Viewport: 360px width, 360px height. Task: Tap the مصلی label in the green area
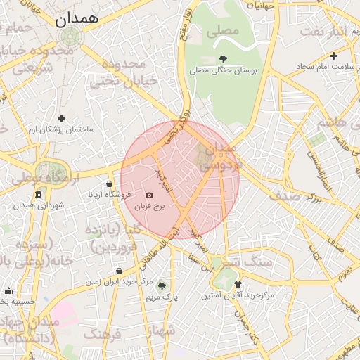tap(224, 32)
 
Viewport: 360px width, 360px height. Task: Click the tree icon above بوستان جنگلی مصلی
tap(224, 59)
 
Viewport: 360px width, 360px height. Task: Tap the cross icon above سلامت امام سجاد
tap(333, 56)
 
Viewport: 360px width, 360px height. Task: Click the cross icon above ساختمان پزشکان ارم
tap(62, 118)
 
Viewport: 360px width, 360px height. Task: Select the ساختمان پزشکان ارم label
tap(62, 130)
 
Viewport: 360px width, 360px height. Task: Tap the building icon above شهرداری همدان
tap(38, 194)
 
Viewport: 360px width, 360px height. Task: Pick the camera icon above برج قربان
tap(149, 195)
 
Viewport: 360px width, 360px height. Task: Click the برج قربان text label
tap(149, 207)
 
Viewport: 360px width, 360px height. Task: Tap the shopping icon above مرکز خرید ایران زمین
tap(118, 271)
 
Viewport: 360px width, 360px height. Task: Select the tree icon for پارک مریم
tap(162, 285)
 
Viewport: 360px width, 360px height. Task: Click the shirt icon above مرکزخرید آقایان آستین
tap(238, 285)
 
